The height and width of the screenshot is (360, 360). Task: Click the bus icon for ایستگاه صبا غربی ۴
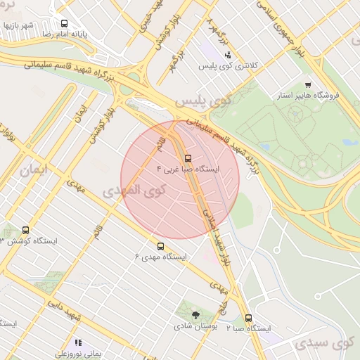coord(187,159)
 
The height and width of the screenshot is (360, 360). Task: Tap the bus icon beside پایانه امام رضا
coord(64,23)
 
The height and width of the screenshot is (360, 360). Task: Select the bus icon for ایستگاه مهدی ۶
coord(161,246)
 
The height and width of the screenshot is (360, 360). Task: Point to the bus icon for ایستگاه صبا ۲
coord(248,318)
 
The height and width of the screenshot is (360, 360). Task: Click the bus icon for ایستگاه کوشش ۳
coord(26,230)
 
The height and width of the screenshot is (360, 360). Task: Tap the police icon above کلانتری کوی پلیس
coord(227,55)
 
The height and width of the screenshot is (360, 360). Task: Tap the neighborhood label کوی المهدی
coord(134,190)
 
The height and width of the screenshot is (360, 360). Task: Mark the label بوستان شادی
coord(195,327)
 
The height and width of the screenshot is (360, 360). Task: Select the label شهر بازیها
coord(18,25)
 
